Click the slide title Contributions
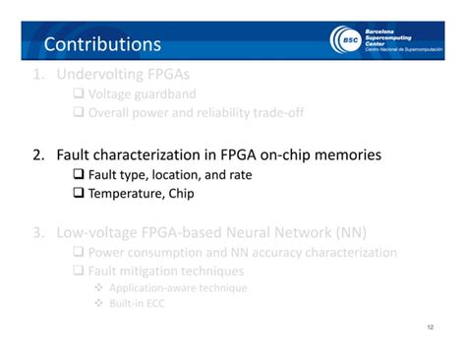point(102,44)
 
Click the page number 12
point(430,328)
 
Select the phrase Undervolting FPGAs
point(123,74)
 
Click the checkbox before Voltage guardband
point(80,94)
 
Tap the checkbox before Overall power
point(80,113)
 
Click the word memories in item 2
point(344,154)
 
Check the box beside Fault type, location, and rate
point(81,174)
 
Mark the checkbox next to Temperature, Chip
point(81,194)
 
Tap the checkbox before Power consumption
point(80,253)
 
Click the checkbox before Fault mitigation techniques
point(80,270)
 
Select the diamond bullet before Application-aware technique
point(99,288)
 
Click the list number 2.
point(37,154)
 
